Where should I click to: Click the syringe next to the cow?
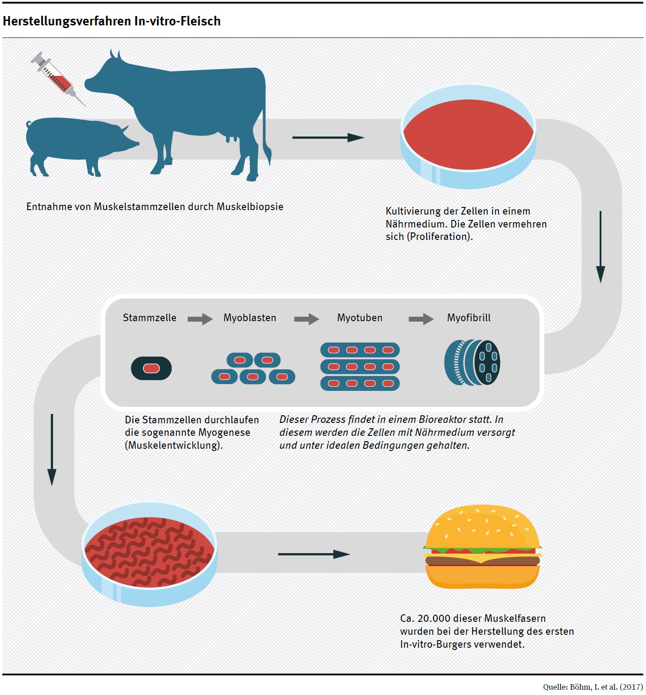click(x=58, y=79)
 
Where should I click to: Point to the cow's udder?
click(x=230, y=137)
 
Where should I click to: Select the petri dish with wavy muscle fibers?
click(x=149, y=553)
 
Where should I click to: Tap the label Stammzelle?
click(x=149, y=318)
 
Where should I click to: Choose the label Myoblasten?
click(x=250, y=318)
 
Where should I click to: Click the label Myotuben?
click(x=359, y=318)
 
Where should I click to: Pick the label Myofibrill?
click(x=469, y=318)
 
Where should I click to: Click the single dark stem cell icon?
click(x=151, y=368)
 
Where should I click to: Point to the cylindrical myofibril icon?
click(x=472, y=362)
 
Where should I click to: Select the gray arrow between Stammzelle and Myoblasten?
click(x=200, y=319)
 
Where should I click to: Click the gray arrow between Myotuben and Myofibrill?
click(x=421, y=319)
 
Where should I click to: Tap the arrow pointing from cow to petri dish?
click(x=328, y=138)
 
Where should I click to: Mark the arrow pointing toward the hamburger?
click(x=314, y=554)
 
